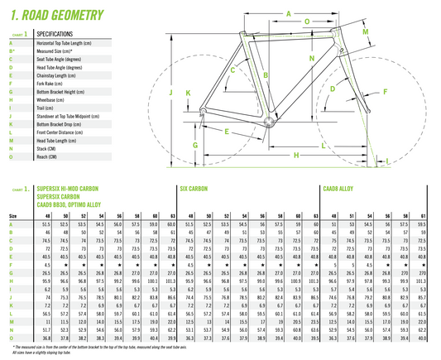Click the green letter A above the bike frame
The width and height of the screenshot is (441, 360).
click(289, 14)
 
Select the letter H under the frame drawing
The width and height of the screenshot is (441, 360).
click(295, 154)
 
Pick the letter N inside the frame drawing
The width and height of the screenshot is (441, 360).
click(311, 60)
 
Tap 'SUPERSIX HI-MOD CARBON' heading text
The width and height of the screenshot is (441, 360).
click(72, 190)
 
